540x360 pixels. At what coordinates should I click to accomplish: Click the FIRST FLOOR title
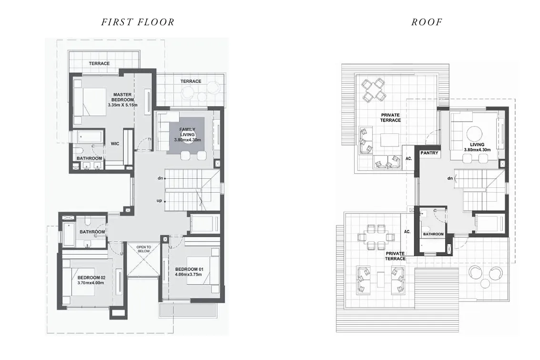(x=138, y=22)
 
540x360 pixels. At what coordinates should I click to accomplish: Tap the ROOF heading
(x=427, y=22)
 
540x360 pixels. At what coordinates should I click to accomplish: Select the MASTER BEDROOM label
(x=122, y=97)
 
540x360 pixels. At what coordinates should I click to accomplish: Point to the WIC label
(x=115, y=143)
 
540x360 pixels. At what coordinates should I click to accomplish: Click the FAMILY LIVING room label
(x=187, y=132)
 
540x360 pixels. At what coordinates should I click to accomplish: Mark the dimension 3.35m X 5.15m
(x=122, y=105)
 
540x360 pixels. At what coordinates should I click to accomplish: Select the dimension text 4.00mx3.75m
(x=188, y=275)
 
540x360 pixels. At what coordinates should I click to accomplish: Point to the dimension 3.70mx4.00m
(x=91, y=283)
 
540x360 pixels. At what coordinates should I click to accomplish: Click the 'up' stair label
(x=159, y=201)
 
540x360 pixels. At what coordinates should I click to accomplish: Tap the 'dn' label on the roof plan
(x=449, y=178)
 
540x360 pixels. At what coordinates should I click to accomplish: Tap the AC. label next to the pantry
(x=408, y=159)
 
